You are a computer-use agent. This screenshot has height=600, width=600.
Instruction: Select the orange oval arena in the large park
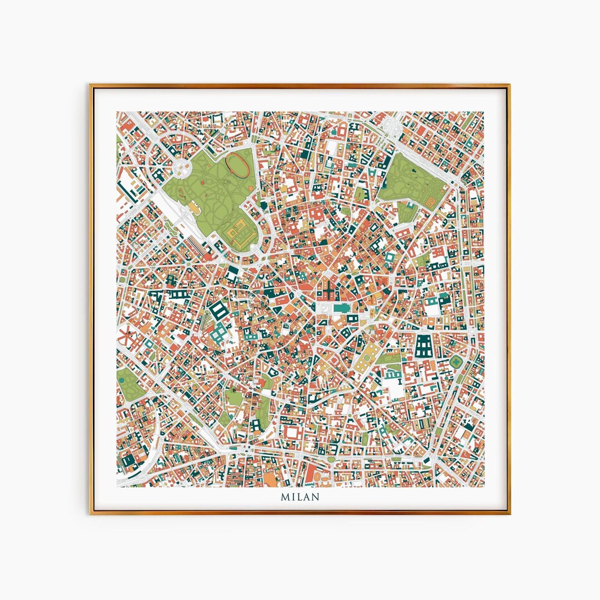pos(237,163)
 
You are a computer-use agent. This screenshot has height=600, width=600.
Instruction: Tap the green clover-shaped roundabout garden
pos(456,362)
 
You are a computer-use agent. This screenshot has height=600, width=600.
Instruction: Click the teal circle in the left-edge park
pos(121,380)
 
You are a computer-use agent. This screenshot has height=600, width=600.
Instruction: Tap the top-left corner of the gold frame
pos(91,86)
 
